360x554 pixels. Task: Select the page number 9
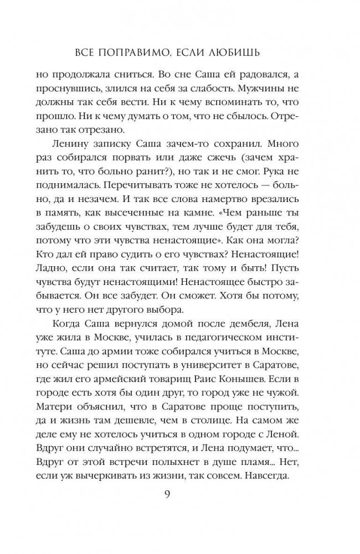tap(181, 509)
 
